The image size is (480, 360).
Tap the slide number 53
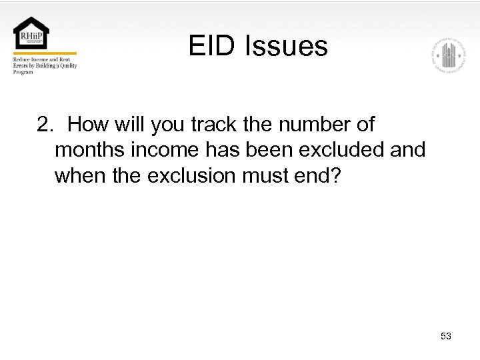click(x=446, y=336)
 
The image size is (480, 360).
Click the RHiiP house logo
click(x=31, y=33)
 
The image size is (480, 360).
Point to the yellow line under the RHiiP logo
click(x=45, y=53)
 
